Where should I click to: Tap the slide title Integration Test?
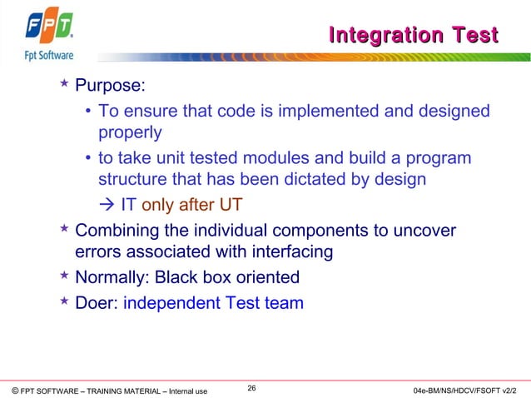point(414,35)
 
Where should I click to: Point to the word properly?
point(130,132)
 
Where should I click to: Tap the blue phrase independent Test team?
point(213,303)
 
